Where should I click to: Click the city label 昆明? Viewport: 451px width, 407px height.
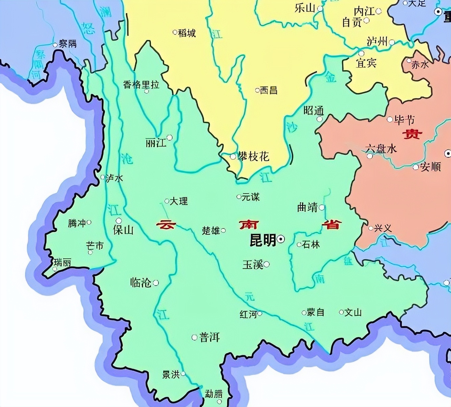pyautogui.click(x=263, y=240)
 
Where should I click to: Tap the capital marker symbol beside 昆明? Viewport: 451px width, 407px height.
pyautogui.click(x=281, y=240)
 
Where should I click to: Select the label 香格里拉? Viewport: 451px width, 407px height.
pyautogui.click(x=141, y=85)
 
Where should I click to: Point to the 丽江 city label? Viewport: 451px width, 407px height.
pyautogui.click(x=156, y=143)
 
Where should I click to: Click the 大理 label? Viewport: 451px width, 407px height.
pyautogui.click(x=179, y=201)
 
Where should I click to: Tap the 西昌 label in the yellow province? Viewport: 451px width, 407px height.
pyautogui.click(x=268, y=90)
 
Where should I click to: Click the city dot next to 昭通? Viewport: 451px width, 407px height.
pyautogui.click(x=320, y=119)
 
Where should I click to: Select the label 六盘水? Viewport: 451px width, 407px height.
pyautogui.click(x=381, y=149)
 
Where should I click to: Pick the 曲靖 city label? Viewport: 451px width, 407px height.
pyautogui.click(x=307, y=207)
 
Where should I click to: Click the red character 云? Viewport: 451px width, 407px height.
pyautogui.click(x=166, y=225)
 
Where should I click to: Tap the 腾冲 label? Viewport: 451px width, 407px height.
pyautogui.click(x=76, y=223)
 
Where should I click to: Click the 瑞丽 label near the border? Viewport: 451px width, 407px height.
pyautogui.click(x=62, y=262)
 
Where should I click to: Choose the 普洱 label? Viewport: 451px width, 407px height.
pyautogui.click(x=209, y=337)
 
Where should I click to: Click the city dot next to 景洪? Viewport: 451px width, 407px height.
pyautogui.click(x=183, y=374)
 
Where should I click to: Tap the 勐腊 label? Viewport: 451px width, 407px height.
pyautogui.click(x=214, y=394)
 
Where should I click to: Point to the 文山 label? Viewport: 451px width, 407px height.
pyautogui.click(x=353, y=312)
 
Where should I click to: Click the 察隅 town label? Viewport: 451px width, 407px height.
pyautogui.click(x=68, y=44)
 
